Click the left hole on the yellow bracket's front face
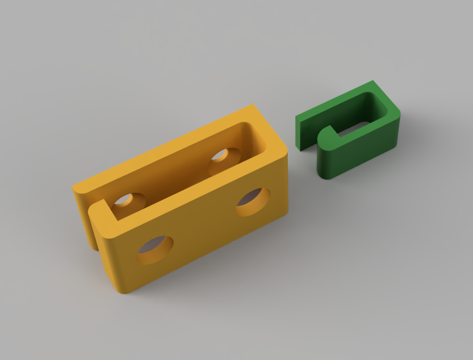[x=155, y=250]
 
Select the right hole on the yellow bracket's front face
[x=253, y=202]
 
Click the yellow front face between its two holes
[x=204, y=227]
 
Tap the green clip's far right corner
[x=397, y=116]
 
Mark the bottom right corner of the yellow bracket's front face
[x=284, y=214]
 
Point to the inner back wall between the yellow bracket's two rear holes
[x=176, y=171]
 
